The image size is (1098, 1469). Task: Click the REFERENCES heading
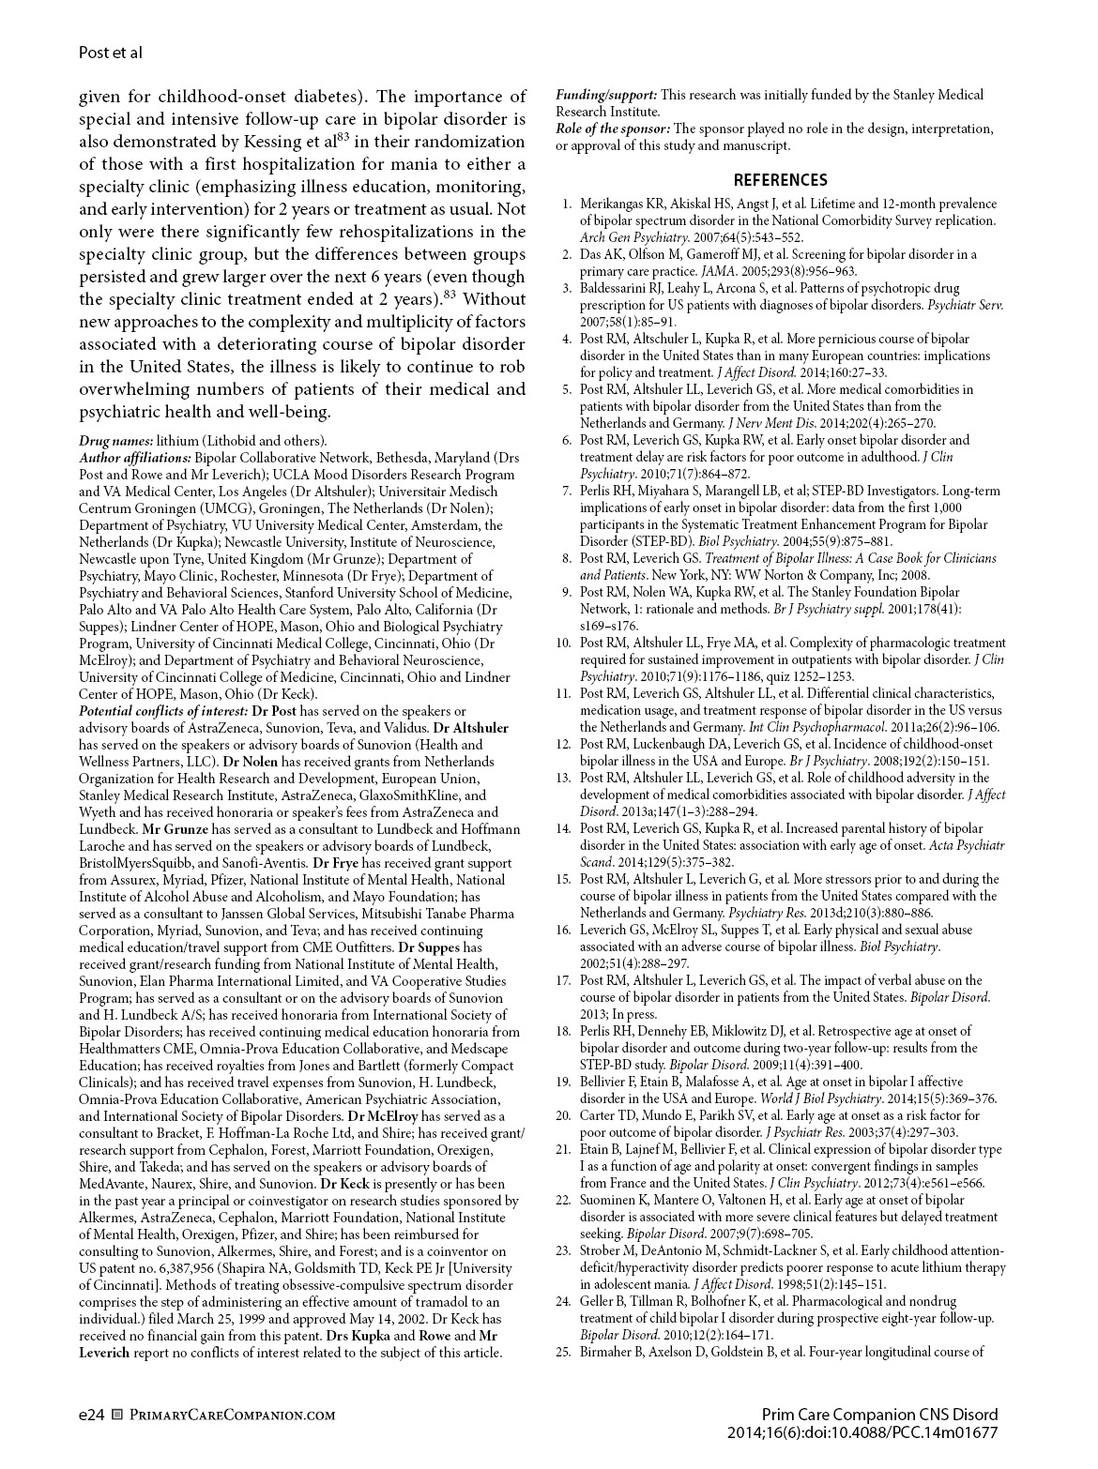tap(780, 180)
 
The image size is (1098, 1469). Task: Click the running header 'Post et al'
tap(110, 53)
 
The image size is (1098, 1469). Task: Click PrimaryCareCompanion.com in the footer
tap(230, 1415)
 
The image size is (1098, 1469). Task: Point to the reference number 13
tap(563, 778)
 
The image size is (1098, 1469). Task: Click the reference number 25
tap(563, 1352)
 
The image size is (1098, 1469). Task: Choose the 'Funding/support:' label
tap(606, 95)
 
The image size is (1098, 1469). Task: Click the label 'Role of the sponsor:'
tap(613, 129)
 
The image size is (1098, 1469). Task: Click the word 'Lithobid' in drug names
tap(227, 440)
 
